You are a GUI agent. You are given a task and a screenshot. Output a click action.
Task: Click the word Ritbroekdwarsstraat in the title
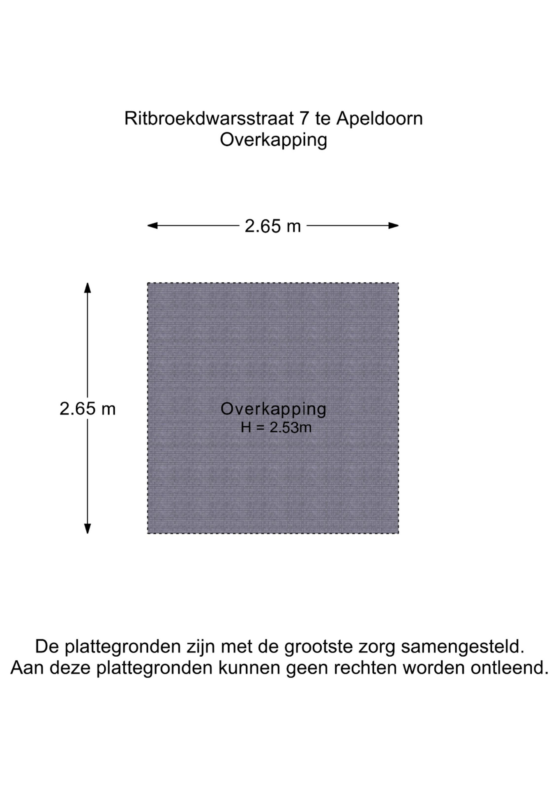[x=209, y=119]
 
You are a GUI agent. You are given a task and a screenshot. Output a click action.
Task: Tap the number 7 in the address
[x=304, y=119]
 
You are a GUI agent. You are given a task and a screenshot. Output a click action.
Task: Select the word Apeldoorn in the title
[x=379, y=119]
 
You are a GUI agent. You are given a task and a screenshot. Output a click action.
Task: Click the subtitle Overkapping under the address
[x=273, y=140]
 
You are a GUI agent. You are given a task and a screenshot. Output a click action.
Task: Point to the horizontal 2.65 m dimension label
[x=273, y=226]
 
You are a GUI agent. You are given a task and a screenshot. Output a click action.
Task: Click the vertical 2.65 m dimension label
[x=88, y=409]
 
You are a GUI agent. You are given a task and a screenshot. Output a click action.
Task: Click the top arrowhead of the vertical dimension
[x=88, y=287]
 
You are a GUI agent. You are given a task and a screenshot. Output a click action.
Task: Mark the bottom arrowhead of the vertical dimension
[x=88, y=529]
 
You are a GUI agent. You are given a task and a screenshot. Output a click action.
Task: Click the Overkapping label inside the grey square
[x=273, y=409]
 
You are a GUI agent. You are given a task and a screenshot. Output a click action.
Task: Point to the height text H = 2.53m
[x=276, y=428]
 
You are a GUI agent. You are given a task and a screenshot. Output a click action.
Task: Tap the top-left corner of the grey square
[x=148, y=283]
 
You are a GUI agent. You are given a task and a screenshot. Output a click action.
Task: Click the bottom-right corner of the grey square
[x=398, y=533]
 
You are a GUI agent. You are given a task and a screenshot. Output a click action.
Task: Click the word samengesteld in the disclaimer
[x=463, y=647]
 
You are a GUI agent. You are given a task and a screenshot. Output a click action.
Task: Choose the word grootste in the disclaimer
[x=318, y=647]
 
